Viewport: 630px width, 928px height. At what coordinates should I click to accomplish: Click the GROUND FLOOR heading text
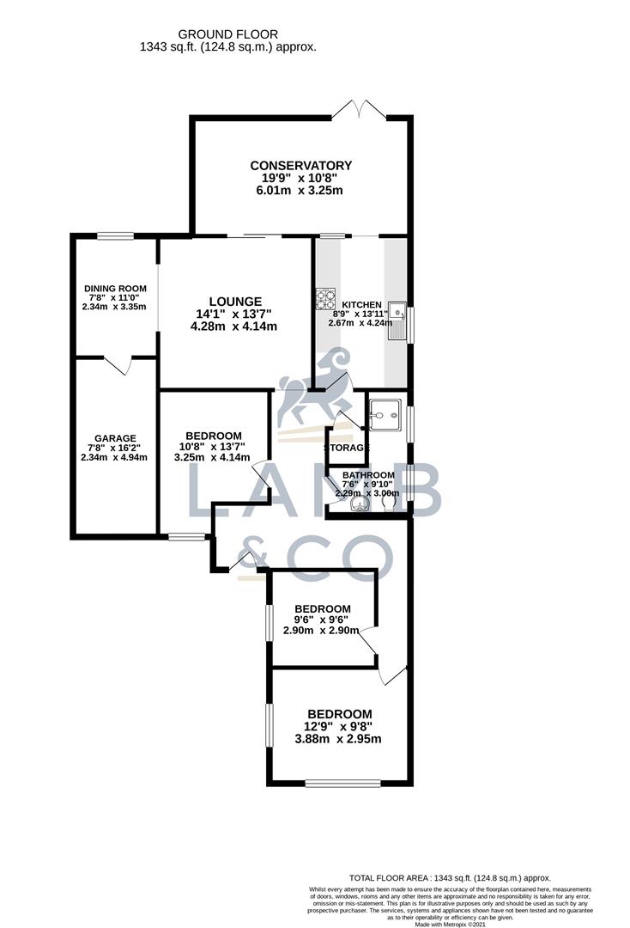tap(227, 34)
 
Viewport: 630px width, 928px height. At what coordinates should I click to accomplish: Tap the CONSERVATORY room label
tap(300, 166)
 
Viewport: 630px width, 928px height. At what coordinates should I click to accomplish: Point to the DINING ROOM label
tap(115, 289)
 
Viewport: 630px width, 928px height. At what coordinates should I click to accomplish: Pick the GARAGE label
tap(115, 438)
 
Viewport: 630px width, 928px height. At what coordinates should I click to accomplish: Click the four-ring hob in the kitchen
tap(326, 297)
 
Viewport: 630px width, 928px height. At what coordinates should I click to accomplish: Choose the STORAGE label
tap(347, 449)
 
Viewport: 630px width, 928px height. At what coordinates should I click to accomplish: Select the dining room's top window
tap(114, 236)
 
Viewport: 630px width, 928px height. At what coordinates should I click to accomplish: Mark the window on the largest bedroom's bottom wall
tap(342, 783)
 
